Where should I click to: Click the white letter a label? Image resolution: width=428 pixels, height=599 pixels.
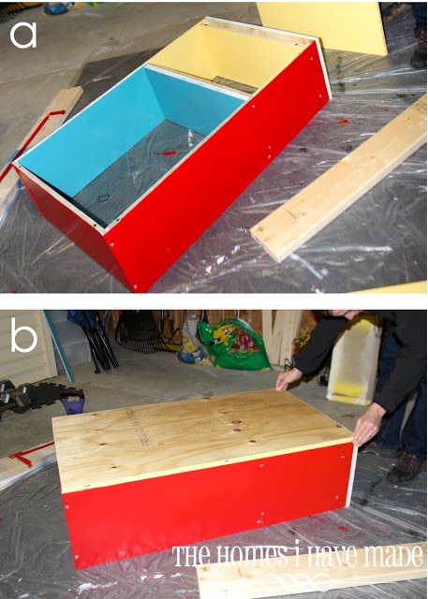point(23,36)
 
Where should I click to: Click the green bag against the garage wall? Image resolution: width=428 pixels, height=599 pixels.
point(233,345)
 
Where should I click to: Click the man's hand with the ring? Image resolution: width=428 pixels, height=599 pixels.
point(369,424)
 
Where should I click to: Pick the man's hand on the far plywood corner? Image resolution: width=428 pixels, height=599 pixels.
point(288,378)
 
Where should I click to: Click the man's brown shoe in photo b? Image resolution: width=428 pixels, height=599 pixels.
point(405,467)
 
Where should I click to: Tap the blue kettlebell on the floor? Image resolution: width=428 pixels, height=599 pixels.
point(73,402)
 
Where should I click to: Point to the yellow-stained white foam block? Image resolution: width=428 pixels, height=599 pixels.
point(354,360)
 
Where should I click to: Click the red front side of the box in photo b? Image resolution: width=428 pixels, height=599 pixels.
point(208,504)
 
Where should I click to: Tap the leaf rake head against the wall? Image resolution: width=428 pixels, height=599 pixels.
point(137,331)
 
